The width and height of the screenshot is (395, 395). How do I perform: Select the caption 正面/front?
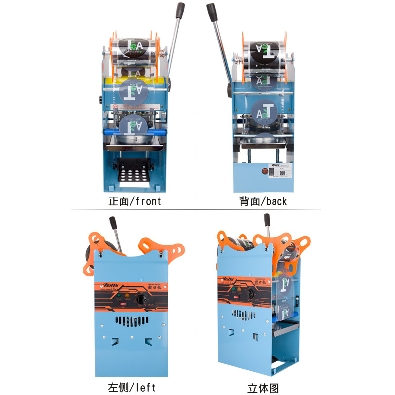135,201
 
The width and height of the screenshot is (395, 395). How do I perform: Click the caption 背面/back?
263,201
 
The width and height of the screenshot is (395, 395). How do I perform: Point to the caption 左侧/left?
135,386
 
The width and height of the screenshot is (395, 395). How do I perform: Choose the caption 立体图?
263,387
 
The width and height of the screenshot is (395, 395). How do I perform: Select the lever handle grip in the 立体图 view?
267,220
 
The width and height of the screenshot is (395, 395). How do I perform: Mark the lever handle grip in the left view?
113,223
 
